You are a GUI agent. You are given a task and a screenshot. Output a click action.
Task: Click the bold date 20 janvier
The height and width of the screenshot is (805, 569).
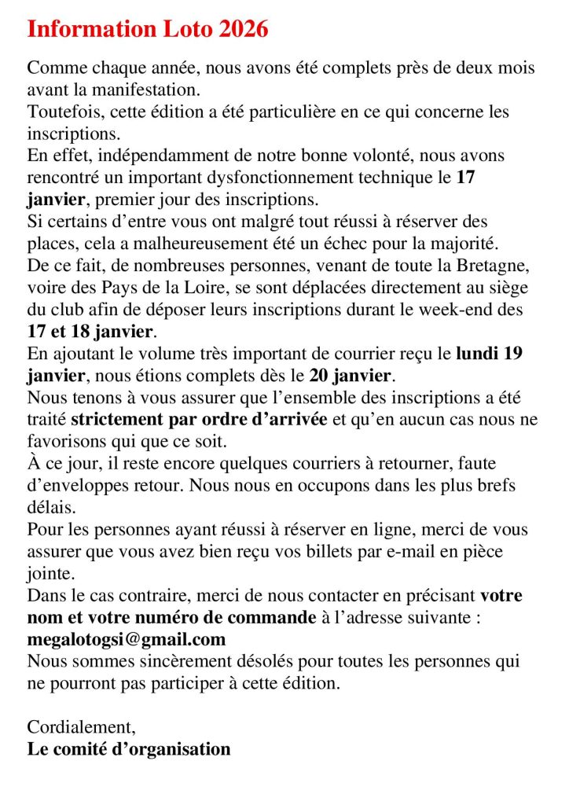347,375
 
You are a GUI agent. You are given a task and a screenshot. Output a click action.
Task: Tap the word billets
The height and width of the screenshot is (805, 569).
343,552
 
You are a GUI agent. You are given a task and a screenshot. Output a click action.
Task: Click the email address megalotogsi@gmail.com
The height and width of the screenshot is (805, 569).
127,639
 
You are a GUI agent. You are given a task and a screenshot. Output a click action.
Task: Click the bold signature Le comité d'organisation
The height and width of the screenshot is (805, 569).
129,748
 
